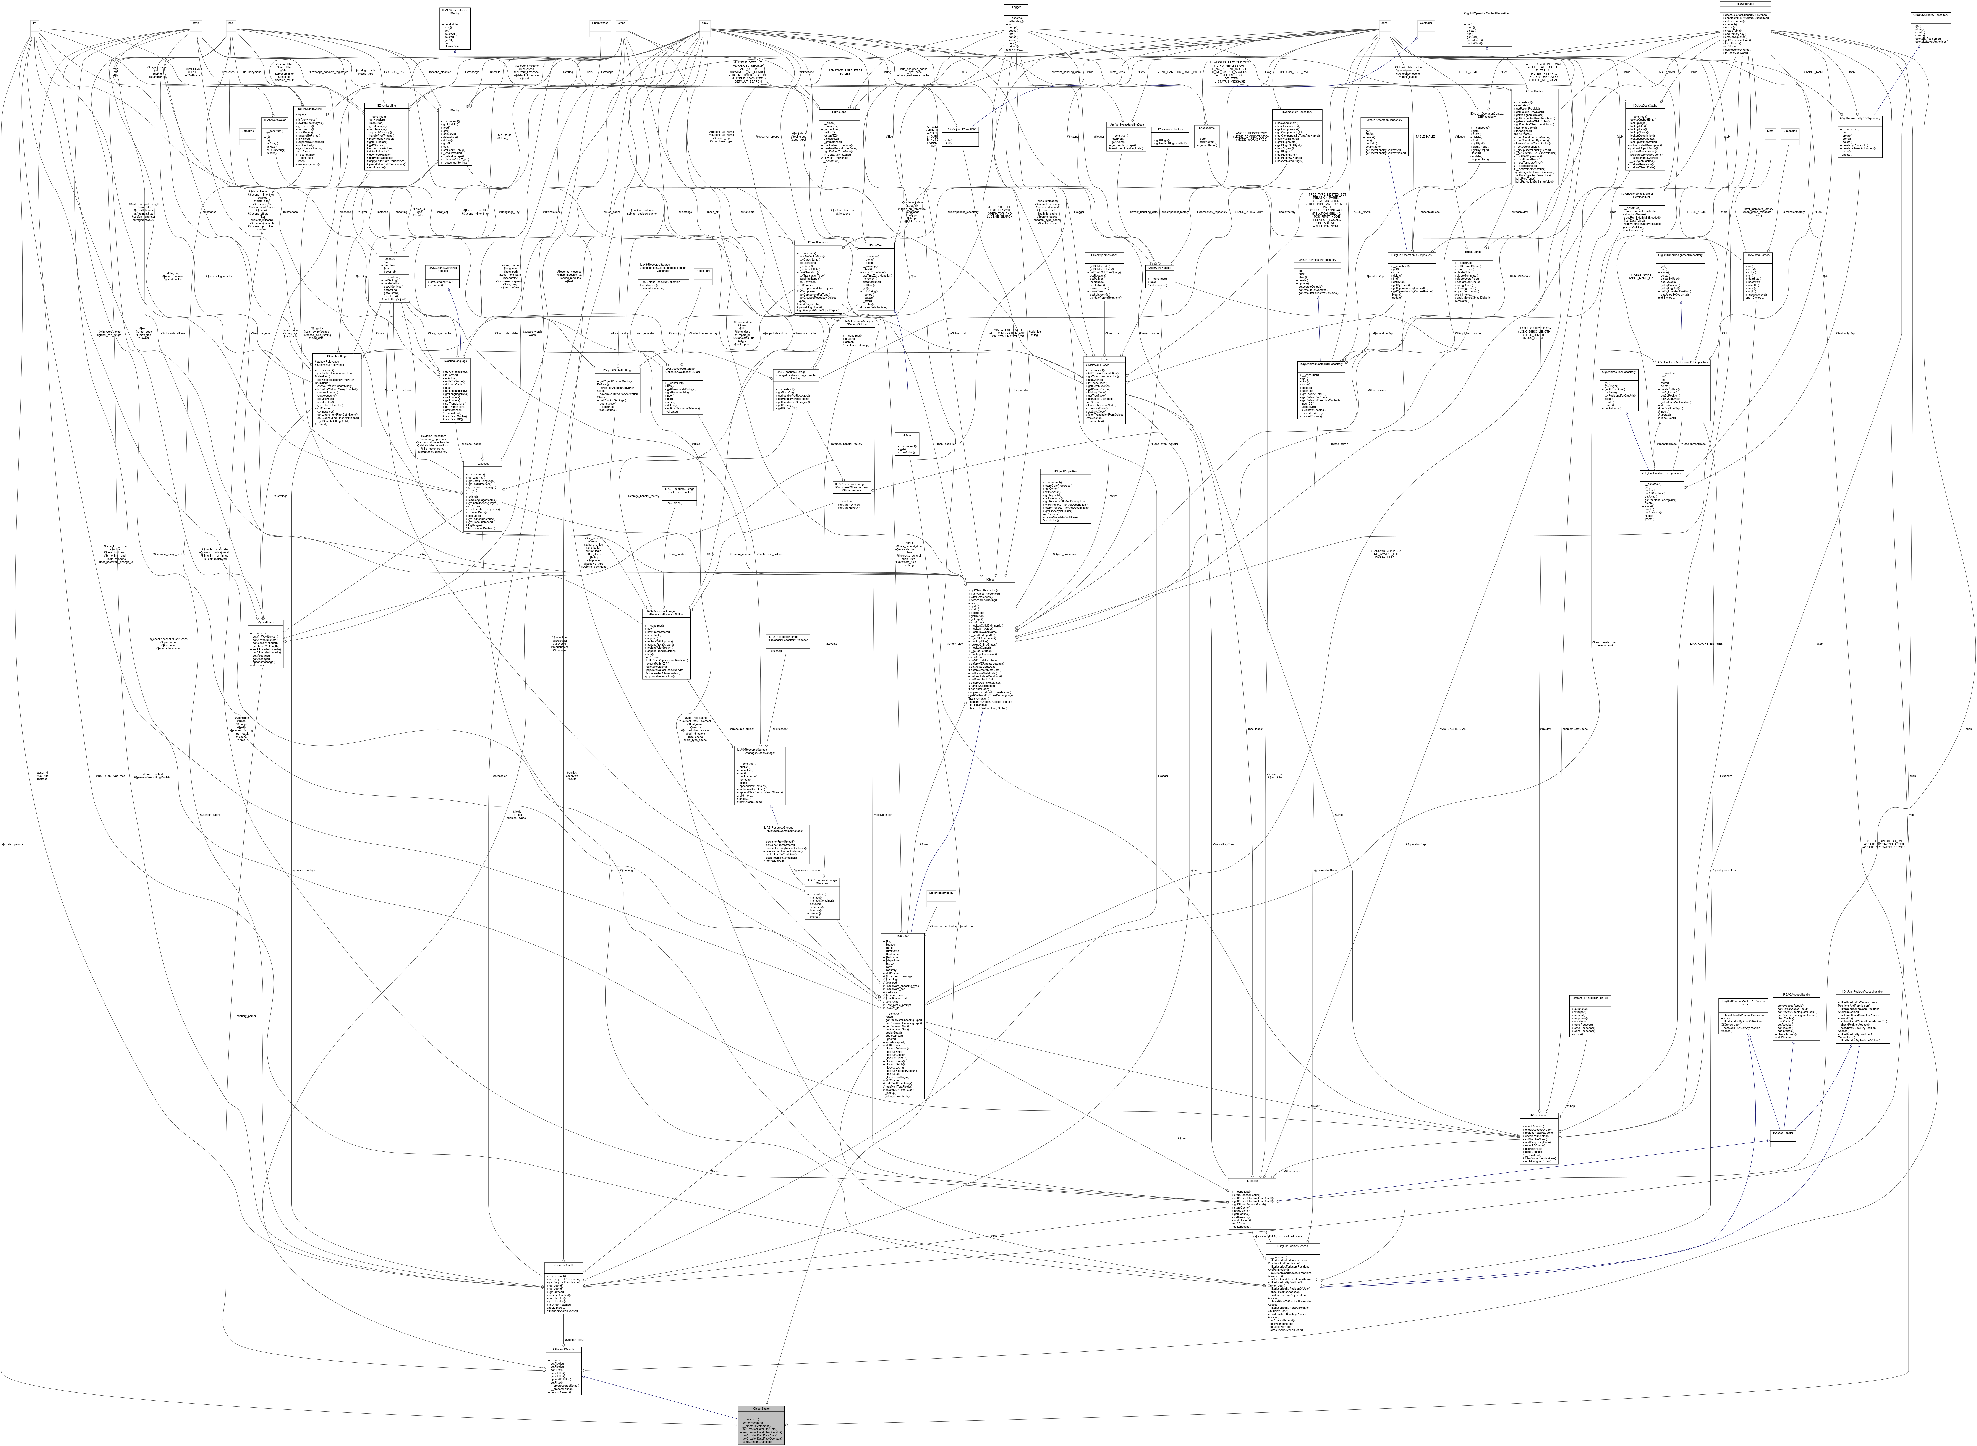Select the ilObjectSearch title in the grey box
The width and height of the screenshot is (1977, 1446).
[x=761, y=1409]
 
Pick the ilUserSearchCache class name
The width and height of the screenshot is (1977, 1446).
[x=307, y=108]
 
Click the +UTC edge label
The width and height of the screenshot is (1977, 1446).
[x=963, y=72]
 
